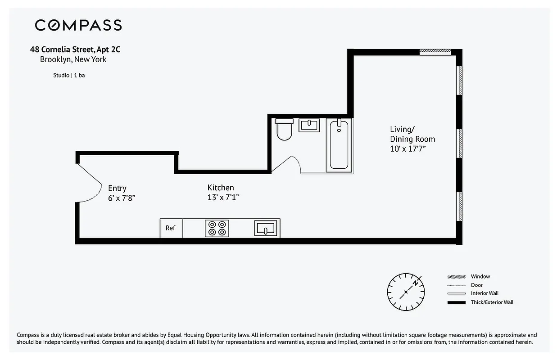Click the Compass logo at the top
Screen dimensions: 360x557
coord(78,25)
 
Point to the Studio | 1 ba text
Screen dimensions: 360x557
coord(69,75)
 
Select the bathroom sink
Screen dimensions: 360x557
coord(309,125)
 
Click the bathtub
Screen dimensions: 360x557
coord(339,144)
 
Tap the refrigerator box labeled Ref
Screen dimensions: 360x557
coord(171,228)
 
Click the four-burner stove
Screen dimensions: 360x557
coord(217,228)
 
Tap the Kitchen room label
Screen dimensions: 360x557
coord(221,188)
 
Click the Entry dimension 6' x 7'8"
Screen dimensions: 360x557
coord(121,198)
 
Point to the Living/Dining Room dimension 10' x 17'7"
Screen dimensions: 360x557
coord(408,149)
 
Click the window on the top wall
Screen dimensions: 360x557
coord(435,52)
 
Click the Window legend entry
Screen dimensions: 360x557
coord(480,276)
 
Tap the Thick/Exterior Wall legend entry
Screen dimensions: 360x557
coord(492,302)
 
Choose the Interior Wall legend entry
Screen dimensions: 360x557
coord(485,293)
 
